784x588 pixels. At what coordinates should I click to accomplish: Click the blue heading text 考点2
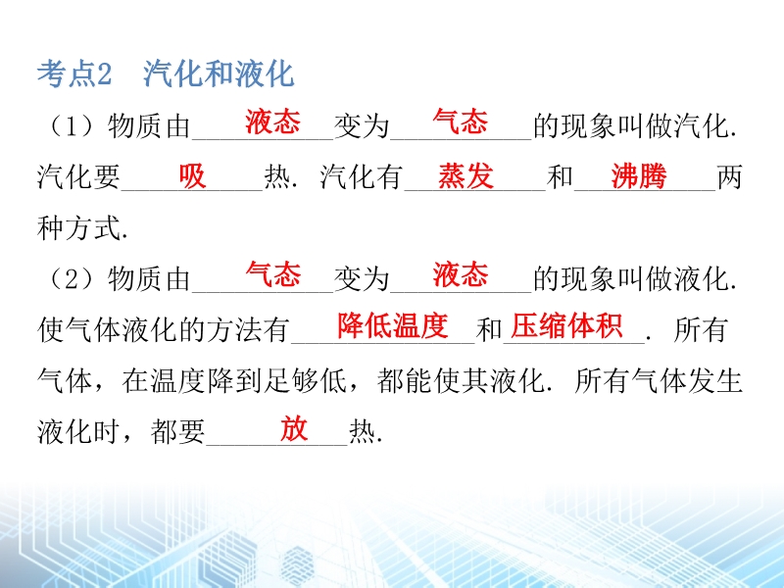pos(74,74)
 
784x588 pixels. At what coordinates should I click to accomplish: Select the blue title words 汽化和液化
pos(219,74)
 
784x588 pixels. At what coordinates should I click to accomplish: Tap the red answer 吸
pos(192,176)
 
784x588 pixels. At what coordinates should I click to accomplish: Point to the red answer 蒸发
pos(466,176)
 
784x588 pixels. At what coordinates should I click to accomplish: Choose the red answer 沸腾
pos(639,176)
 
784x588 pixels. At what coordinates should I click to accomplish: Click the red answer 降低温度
pos(393,326)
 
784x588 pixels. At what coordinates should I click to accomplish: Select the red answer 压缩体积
pos(566,326)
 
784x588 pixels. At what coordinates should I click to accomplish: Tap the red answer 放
pos(293,428)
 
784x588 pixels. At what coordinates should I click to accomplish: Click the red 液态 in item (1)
pos(272,122)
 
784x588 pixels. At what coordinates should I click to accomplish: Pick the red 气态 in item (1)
pos(460,122)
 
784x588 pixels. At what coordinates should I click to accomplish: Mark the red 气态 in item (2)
pos(272,274)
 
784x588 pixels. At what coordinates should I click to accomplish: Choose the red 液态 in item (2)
pos(460,274)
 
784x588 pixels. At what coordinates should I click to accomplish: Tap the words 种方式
pos(79,228)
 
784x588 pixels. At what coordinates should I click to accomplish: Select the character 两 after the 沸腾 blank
pos(729,177)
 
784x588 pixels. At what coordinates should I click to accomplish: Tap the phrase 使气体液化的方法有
pos(164,330)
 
